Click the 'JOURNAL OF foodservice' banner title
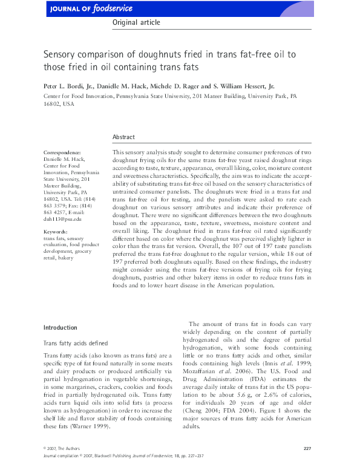coord(83,8)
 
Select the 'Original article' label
coord(136,22)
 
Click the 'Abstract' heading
coord(124,137)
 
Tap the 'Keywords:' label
coord(56,232)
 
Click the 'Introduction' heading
coord(61,328)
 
